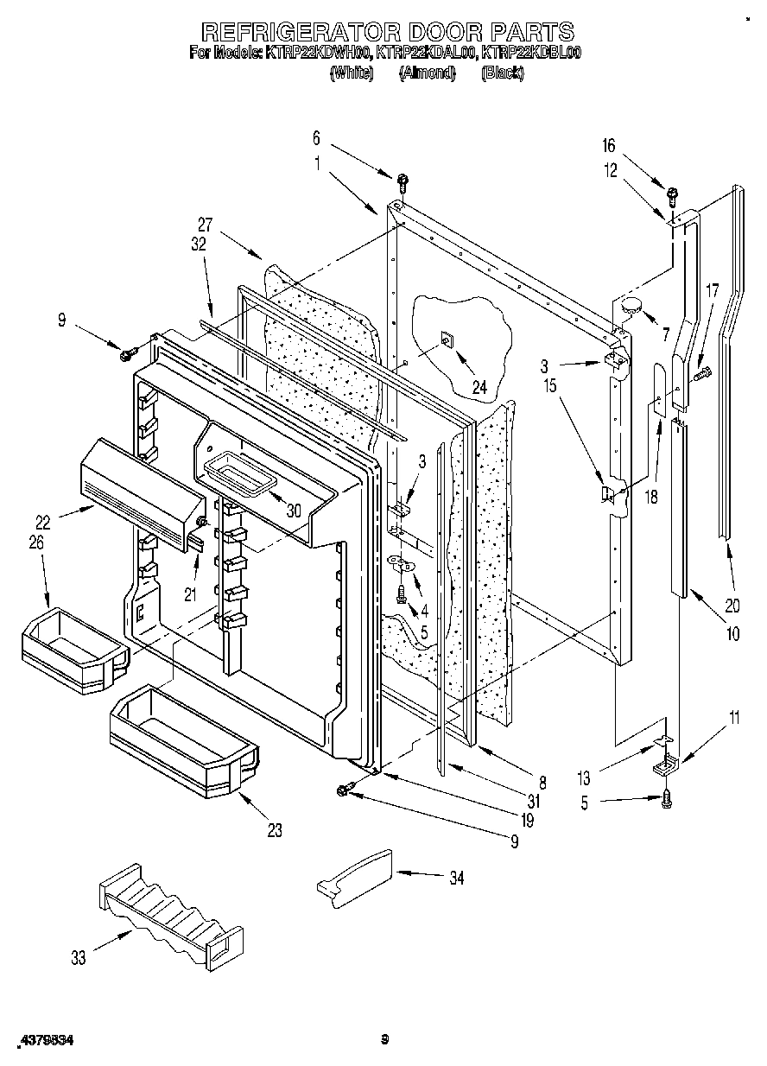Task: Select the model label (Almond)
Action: (x=427, y=73)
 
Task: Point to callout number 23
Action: (x=274, y=831)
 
